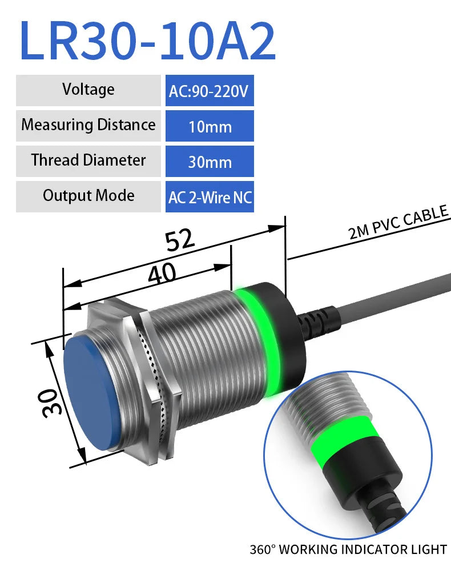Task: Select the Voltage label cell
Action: [x=88, y=90]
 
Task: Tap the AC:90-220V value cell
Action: [x=210, y=91]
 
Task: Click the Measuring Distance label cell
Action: [x=88, y=125]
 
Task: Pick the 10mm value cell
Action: [x=210, y=126]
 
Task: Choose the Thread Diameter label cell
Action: [x=88, y=160]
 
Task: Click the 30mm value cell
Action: [x=210, y=162]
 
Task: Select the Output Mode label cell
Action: [x=88, y=196]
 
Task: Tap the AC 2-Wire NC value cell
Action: [x=210, y=197]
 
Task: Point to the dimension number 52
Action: [x=180, y=242]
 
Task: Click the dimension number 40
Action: [x=162, y=275]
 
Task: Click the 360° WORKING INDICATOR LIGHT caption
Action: [x=348, y=549]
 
